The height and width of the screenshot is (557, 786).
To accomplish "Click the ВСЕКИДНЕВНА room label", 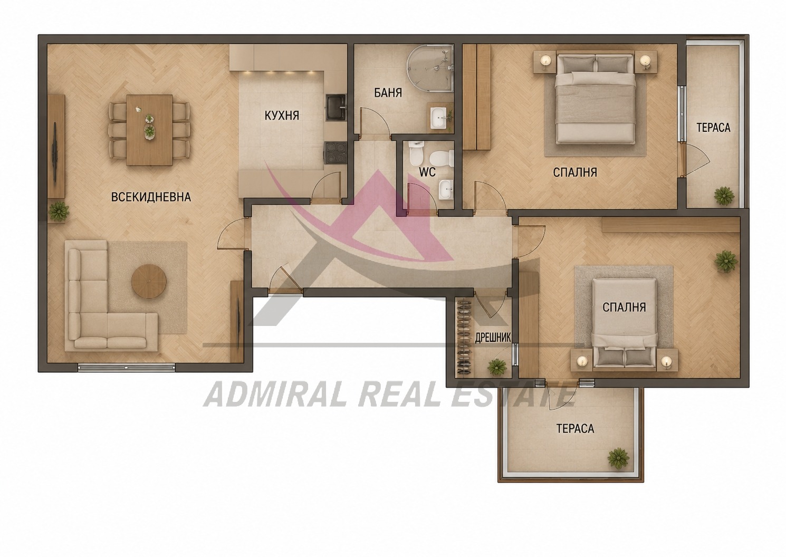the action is click(x=151, y=197).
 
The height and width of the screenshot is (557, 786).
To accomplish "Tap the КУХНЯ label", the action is click(x=282, y=116).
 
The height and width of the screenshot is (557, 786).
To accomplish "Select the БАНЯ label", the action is click(x=388, y=93).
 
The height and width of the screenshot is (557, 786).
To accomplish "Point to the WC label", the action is click(x=427, y=172).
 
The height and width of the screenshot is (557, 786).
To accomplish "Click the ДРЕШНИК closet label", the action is click(x=493, y=338).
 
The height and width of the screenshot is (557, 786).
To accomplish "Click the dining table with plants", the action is click(x=149, y=130).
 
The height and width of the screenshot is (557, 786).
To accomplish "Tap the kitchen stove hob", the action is click(x=335, y=152).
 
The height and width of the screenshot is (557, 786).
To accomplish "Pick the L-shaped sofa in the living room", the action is click(x=112, y=295).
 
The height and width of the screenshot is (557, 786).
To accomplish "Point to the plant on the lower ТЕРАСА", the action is click(x=618, y=458).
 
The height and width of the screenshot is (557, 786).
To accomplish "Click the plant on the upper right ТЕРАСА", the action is click(x=724, y=195).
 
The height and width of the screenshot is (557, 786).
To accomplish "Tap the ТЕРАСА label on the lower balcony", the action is click(x=575, y=428).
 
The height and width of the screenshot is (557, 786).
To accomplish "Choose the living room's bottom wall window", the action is click(x=126, y=367).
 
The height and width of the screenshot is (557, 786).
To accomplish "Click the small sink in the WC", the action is click(x=445, y=190).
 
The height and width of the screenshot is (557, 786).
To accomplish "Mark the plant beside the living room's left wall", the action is click(x=59, y=211).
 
